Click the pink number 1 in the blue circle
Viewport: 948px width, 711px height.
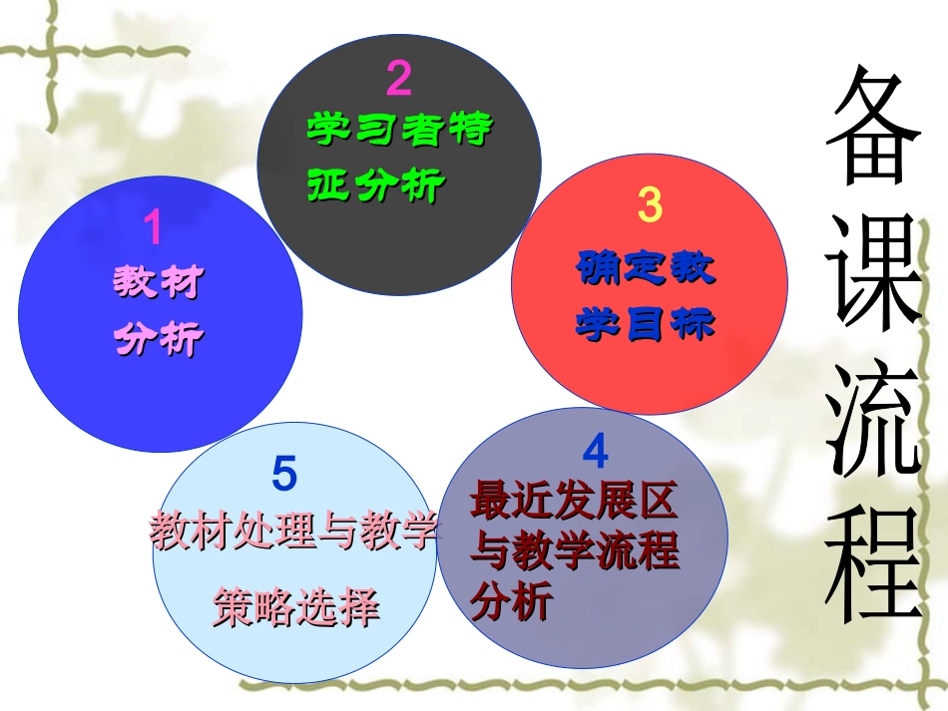coord(153,228)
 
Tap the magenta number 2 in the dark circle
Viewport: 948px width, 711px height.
coord(398,79)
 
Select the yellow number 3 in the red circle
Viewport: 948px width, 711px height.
coord(649,204)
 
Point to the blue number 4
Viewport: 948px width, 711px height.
coord(595,453)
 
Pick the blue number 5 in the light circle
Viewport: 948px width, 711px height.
coord(284,475)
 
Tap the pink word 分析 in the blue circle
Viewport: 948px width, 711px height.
coord(158,339)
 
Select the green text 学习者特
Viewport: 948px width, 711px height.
coord(399,130)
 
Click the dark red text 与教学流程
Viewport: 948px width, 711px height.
coord(575,551)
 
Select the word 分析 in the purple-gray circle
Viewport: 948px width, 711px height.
coord(511,602)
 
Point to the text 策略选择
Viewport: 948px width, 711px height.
coord(296,606)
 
